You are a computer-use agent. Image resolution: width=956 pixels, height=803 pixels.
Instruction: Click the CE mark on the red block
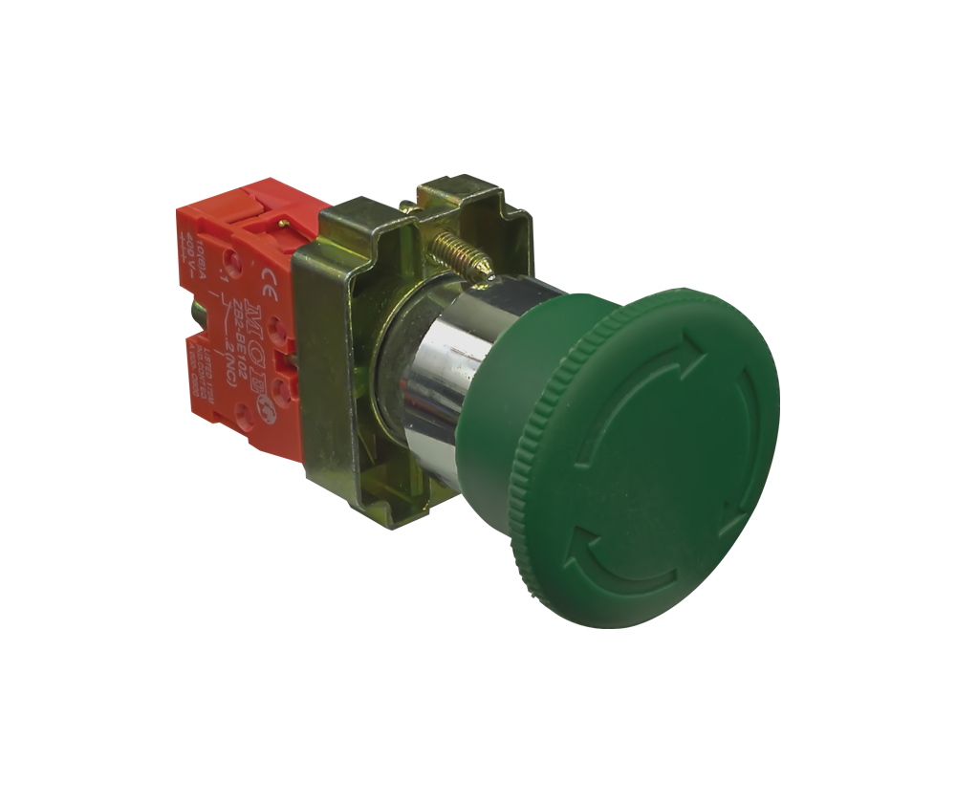tap(270, 281)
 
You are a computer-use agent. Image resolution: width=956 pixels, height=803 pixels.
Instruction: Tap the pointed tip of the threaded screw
tap(489, 278)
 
